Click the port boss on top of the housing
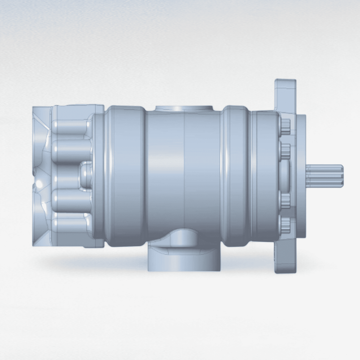click(184, 108)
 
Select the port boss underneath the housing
click(184, 258)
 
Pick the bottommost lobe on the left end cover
click(70, 224)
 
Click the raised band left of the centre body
click(125, 175)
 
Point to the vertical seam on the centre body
click(184, 175)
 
